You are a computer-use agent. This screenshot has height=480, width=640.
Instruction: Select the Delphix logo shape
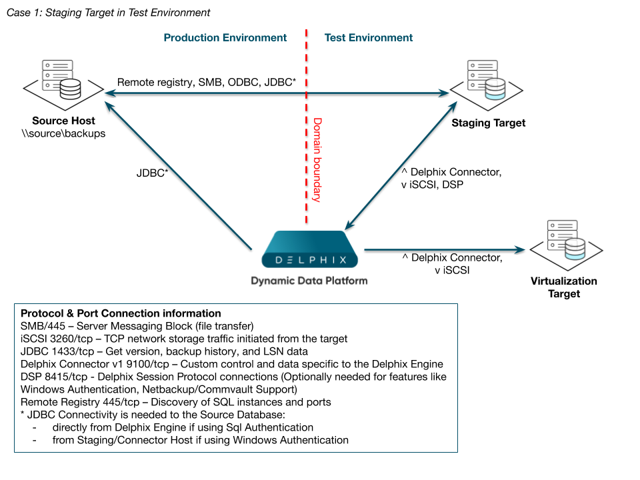(x=307, y=250)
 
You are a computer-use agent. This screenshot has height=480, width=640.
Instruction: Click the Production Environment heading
(x=225, y=38)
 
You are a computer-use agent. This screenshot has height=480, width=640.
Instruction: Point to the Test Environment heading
(x=369, y=38)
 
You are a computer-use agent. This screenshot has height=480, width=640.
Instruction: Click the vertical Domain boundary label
(x=318, y=160)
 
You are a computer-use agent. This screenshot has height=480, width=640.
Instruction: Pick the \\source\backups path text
(x=63, y=133)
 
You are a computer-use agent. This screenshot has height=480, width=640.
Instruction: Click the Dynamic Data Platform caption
(x=309, y=281)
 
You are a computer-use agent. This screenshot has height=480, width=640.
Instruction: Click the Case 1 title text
(x=108, y=13)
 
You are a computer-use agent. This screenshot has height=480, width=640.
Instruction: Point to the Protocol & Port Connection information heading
(x=121, y=313)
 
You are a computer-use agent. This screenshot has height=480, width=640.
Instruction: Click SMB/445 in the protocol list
(x=44, y=326)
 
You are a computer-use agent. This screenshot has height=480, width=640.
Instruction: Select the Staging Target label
(x=489, y=123)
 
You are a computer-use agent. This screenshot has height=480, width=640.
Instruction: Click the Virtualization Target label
(x=564, y=287)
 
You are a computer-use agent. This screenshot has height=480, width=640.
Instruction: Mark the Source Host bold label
(x=63, y=121)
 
